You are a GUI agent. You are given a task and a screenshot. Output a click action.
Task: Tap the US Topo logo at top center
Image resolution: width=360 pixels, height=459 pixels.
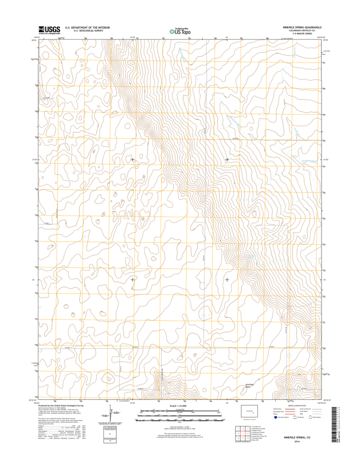[180, 31]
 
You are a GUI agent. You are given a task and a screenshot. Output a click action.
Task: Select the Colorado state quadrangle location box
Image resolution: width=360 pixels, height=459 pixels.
[251, 411]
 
